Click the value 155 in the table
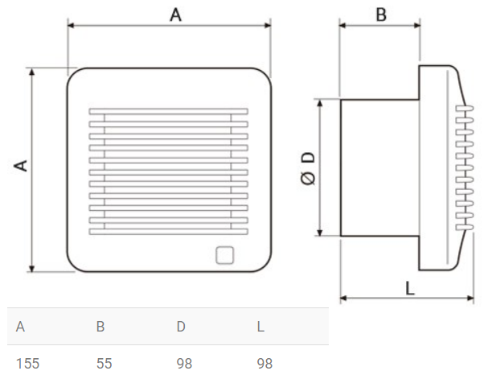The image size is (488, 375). tap(27, 363)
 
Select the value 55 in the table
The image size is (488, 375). tap(104, 363)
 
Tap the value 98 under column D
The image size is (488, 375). tap(184, 363)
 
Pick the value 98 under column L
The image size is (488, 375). tap(265, 363)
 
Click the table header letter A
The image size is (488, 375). tap(21, 327)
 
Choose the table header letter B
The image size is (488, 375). tap(100, 327)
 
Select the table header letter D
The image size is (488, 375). tap(182, 327)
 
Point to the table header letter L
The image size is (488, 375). tap(260, 327)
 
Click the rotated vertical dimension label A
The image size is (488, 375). tap(21, 166)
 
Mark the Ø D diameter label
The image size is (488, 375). tap(308, 168)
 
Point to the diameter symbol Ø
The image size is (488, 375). tap(308, 179)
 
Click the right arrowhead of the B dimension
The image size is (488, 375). tap(416, 25)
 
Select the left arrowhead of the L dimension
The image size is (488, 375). tap(344, 299)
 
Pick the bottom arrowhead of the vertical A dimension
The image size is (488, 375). tap(33, 269)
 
